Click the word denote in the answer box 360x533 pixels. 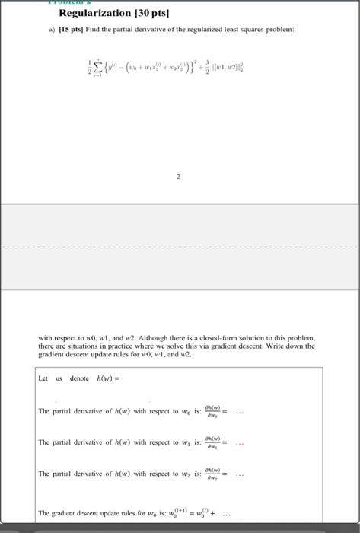pyautogui.click(x=79, y=378)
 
